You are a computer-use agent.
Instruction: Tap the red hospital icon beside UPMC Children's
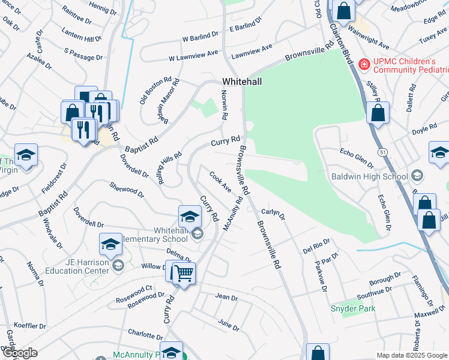pos(363,64)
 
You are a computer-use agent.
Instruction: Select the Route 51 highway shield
pos(382,152)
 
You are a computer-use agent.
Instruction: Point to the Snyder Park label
pos(353,308)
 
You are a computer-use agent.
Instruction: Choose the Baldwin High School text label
pos(369,176)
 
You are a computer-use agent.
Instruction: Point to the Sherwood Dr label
pos(127,190)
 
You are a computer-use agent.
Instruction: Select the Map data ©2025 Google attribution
pos(411,355)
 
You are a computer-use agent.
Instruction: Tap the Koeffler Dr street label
pos(29,326)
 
